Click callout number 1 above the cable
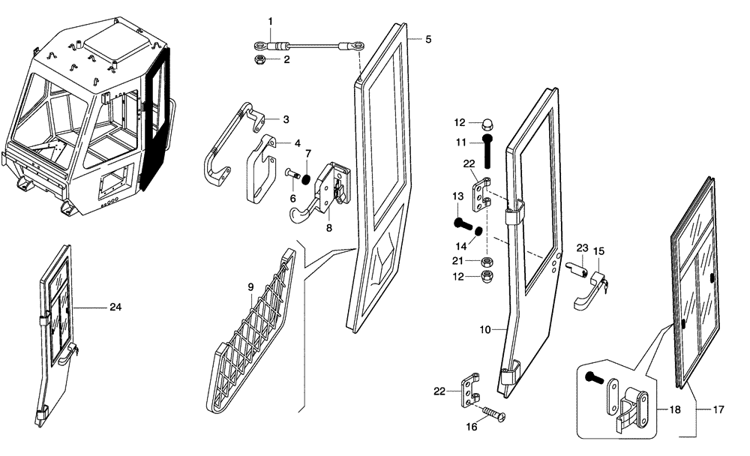(271, 21)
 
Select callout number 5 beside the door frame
(428, 38)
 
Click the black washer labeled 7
(305, 178)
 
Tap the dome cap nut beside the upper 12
(484, 121)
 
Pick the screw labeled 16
(492, 412)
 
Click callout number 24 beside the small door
(115, 307)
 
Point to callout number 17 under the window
(718, 410)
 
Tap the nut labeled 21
(485, 262)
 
